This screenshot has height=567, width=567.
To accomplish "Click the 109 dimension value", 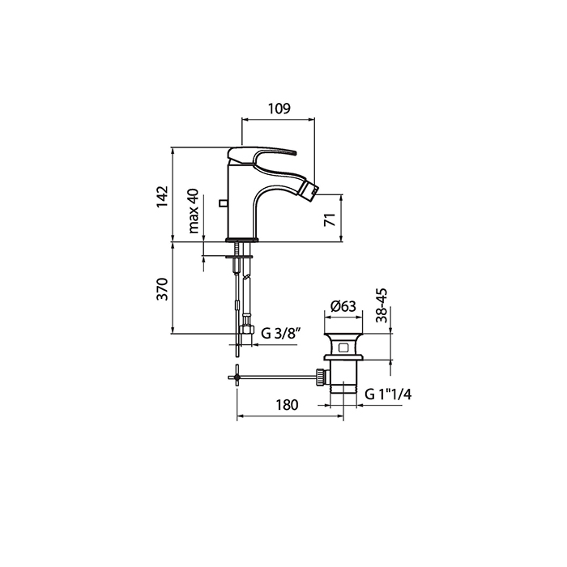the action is pos(279,108).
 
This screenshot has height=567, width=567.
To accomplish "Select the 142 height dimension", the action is pos(162,196).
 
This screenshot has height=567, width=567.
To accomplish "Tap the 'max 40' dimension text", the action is pos(194,211).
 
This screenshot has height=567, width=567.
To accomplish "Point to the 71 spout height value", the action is pos(330,220).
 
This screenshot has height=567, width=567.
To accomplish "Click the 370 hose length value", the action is pos(162,289).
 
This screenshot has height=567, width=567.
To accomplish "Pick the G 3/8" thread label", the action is pos(281,333).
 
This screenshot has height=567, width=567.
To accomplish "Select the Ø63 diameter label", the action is pos(343,306).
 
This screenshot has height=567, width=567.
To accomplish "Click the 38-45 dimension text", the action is pos(382,305).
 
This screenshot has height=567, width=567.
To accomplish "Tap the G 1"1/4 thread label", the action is pos(388,394).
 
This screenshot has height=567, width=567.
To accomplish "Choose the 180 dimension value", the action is pos(287,405).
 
